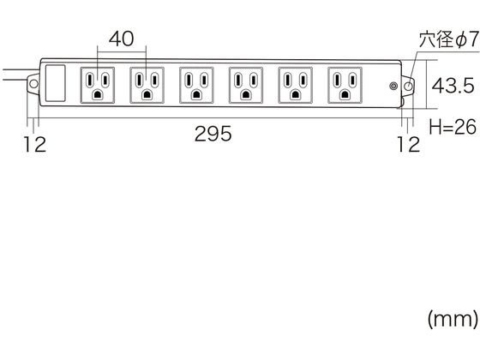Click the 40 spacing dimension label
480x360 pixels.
[121, 39]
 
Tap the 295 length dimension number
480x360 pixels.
[213, 134]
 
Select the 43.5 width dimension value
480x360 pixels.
[453, 86]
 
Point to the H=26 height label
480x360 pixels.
[453, 127]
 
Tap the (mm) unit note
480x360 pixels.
[453, 319]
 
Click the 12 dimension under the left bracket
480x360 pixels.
[35, 145]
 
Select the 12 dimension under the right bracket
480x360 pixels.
[409, 145]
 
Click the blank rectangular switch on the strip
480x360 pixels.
[56, 83]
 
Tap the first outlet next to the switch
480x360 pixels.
[98, 85]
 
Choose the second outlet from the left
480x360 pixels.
[147, 85]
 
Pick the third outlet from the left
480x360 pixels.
[196, 85]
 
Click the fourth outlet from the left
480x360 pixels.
[246, 85]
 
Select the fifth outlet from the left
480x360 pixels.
[296, 85]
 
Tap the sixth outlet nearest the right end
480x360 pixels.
[345, 85]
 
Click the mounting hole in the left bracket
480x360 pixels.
[33, 84]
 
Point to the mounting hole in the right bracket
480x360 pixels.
[408, 86]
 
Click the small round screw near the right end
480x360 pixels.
[393, 86]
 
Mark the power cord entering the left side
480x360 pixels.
[18, 75]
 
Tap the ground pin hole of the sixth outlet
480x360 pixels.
[345, 94]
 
